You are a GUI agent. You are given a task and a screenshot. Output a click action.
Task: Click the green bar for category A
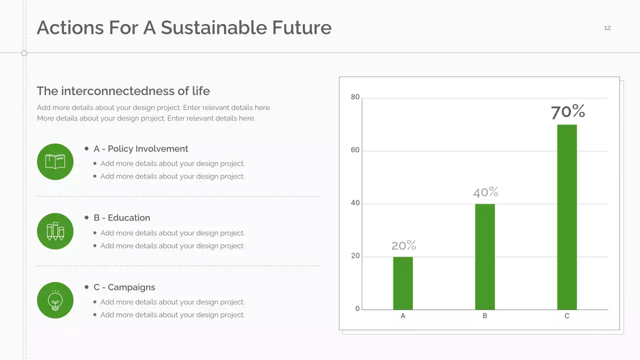403,283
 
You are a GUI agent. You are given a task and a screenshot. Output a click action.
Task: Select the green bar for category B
485,256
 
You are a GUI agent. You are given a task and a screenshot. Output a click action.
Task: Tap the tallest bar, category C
567,217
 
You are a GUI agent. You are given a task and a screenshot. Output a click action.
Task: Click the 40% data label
485,192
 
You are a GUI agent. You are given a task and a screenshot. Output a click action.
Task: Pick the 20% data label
403,245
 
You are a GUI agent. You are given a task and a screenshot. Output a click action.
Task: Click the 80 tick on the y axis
355,97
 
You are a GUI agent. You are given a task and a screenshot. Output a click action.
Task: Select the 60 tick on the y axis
355,150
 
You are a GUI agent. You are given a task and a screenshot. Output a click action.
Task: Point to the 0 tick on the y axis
357,309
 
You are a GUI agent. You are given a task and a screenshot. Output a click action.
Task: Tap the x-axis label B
485,316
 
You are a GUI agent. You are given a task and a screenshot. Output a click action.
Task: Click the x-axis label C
567,316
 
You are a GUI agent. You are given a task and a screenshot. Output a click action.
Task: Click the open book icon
55,161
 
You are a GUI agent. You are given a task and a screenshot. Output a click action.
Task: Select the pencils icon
55,231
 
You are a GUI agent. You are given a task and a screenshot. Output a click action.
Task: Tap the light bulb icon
55,300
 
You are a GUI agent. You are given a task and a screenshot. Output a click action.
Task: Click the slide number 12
607,28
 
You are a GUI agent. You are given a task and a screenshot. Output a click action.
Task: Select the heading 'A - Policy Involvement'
140,149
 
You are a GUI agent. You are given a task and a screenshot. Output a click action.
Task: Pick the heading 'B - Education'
121,218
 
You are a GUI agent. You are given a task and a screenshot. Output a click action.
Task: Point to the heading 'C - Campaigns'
124,287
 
